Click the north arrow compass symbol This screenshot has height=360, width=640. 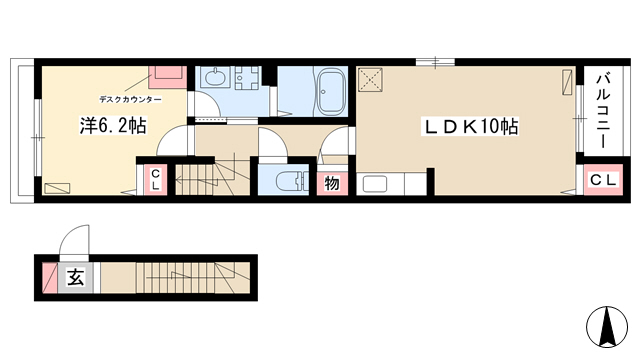(607, 327)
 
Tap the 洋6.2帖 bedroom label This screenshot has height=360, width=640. (113, 125)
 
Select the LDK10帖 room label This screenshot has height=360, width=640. (470, 127)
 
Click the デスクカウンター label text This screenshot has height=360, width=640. (130, 99)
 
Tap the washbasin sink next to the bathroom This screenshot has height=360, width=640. (213, 77)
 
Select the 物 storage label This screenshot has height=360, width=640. (332, 184)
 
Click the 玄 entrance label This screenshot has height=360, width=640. (76, 278)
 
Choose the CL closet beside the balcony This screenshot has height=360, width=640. (603, 180)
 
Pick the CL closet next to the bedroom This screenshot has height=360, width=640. (156, 180)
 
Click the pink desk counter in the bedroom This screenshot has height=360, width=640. (168, 77)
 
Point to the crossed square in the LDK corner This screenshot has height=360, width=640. (370, 79)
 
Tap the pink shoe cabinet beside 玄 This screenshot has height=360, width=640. (50, 278)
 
